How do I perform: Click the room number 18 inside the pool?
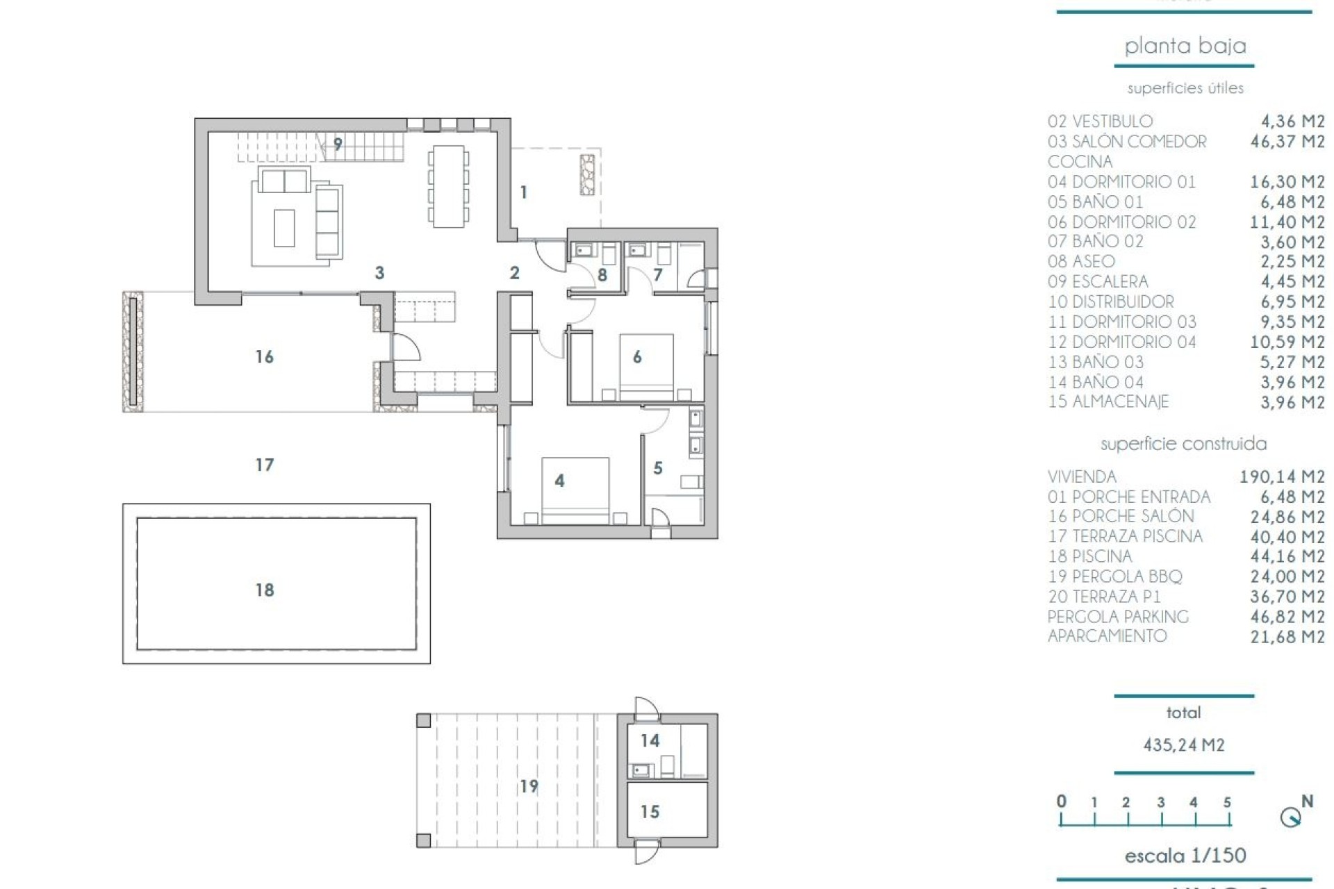[264, 590]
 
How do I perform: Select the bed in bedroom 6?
[646, 367]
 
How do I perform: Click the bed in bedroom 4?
[575, 490]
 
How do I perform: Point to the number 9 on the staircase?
[338, 144]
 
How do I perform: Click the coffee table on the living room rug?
[284, 228]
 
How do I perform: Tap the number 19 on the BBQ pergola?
[529, 786]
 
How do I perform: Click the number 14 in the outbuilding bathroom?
[650, 740]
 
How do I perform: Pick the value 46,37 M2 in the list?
[1287, 142]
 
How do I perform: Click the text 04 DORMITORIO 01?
[1121, 182]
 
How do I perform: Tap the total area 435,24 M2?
[1183, 745]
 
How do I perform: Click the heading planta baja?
[1185, 46]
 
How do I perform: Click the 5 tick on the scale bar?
[1227, 803]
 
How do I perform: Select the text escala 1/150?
[1185, 855]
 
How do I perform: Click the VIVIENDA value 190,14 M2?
[1282, 477]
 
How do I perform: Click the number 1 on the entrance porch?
[523, 192]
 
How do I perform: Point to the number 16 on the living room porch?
[264, 356]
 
